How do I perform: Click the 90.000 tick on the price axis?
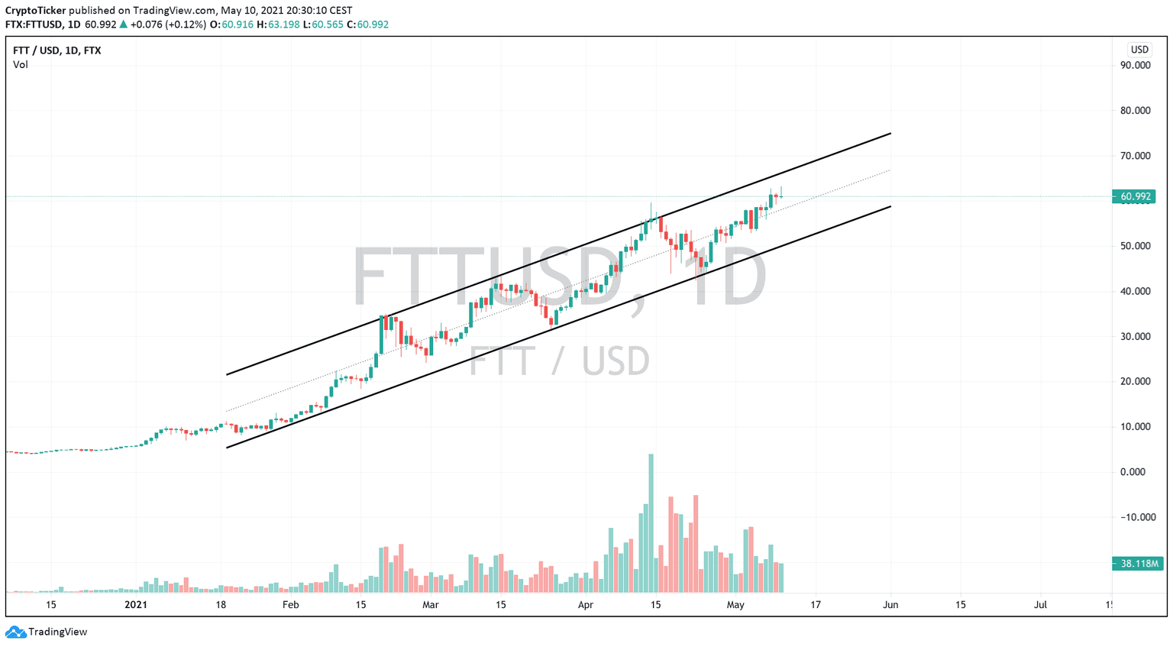click(1135, 66)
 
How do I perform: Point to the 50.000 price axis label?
click(1135, 246)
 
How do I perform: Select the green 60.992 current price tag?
click(1134, 197)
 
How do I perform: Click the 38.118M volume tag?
click(1138, 564)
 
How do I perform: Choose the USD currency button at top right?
click(1139, 50)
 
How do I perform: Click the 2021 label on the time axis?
click(135, 605)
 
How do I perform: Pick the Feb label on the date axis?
click(290, 605)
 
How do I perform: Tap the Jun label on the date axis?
click(890, 605)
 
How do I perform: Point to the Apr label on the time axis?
click(586, 605)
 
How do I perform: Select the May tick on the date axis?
click(735, 605)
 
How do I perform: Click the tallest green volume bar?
click(651, 523)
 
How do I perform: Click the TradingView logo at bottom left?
click(47, 632)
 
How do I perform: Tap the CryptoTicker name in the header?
click(35, 11)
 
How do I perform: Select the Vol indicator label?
click(21, 65)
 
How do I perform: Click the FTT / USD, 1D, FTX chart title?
click(57, 50)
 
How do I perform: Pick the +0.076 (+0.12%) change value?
click(168, 24)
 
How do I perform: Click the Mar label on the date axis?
click(431, 605)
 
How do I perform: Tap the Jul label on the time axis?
click(1040, 605)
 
